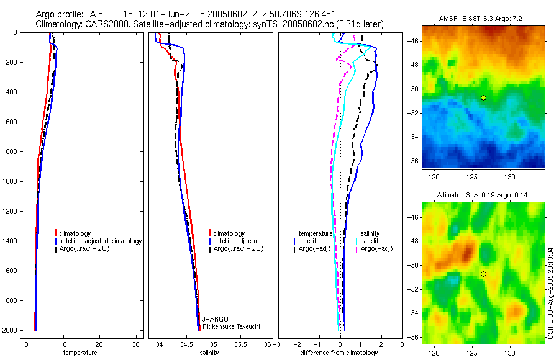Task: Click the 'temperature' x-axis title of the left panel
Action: (80, 353)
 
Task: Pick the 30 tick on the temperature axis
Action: (137, 344)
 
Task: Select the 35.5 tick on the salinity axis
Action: (241, 344)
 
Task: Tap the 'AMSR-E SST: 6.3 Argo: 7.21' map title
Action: (483, 20)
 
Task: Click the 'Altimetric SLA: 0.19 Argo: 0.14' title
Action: (483, 195)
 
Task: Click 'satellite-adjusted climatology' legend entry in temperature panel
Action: (101, 241)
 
